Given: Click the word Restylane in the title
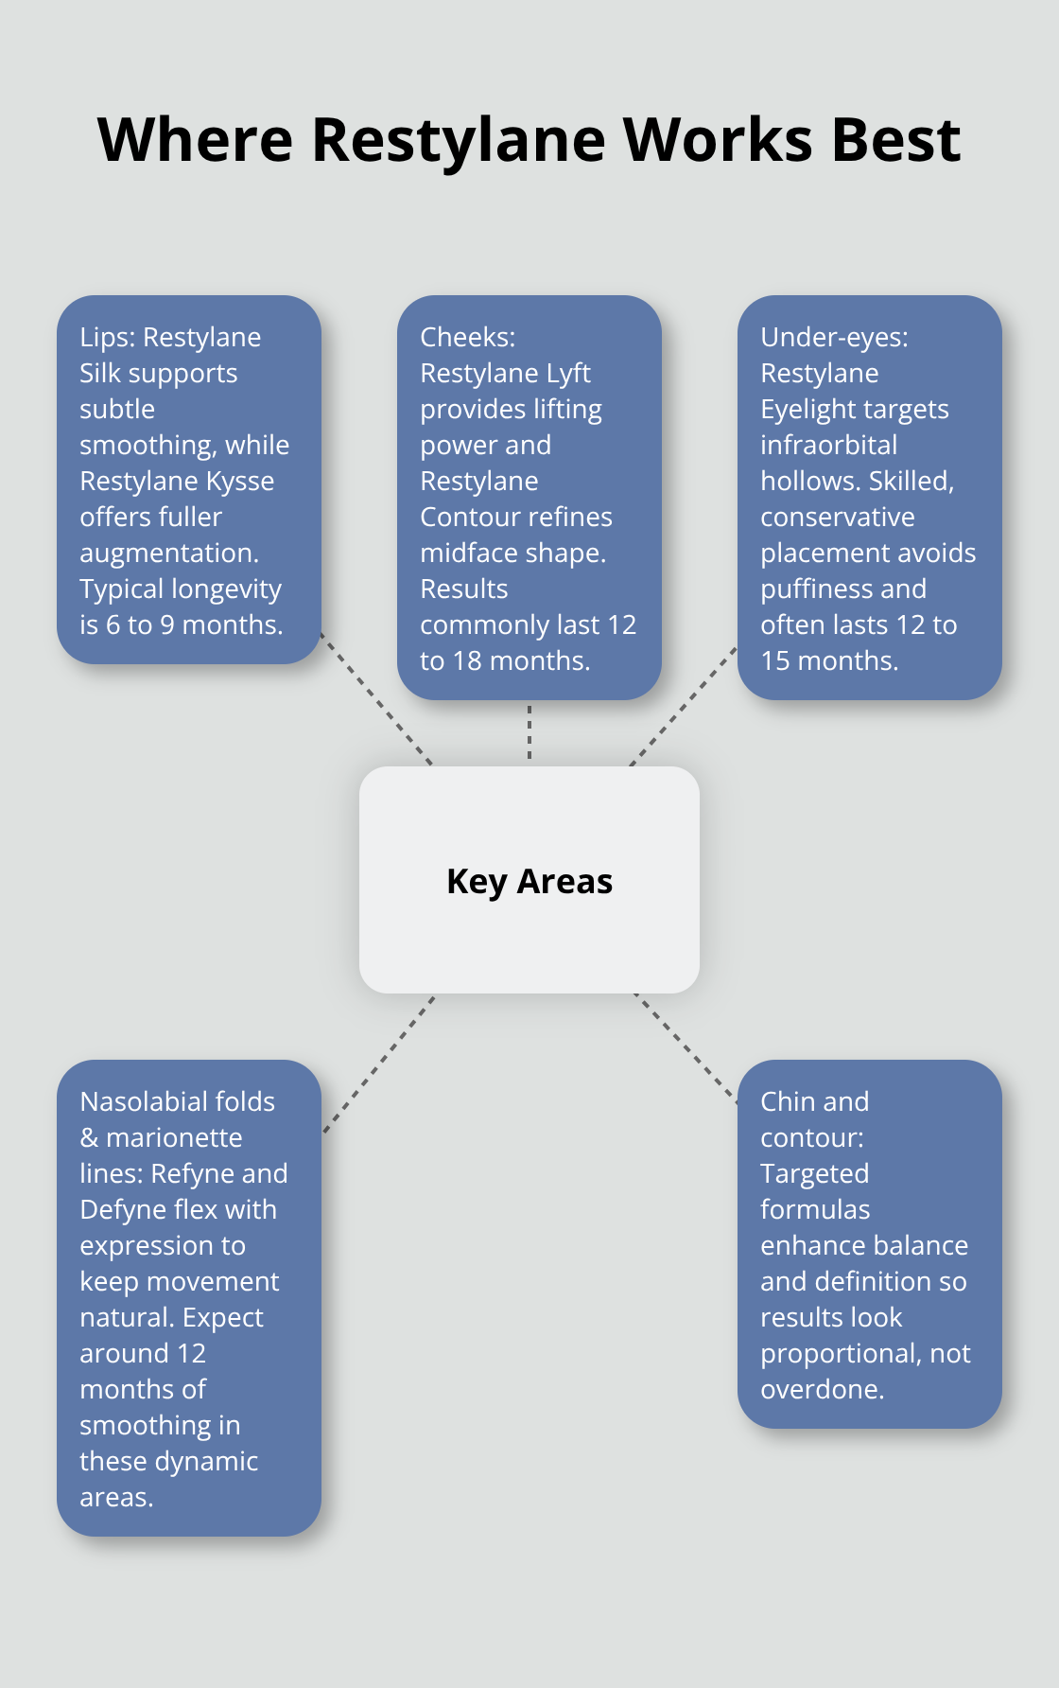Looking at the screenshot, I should [458, 140].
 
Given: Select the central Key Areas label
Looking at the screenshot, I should [529, 881].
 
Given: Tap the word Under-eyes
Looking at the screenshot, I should [833, 337].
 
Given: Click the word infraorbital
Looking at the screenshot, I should [828, 445].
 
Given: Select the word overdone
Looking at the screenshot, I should [821, 1389].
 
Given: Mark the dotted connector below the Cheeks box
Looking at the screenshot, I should [529, 732].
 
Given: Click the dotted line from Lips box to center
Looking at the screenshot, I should [376, 698].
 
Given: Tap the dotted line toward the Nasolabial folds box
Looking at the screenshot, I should [378, 1064].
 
